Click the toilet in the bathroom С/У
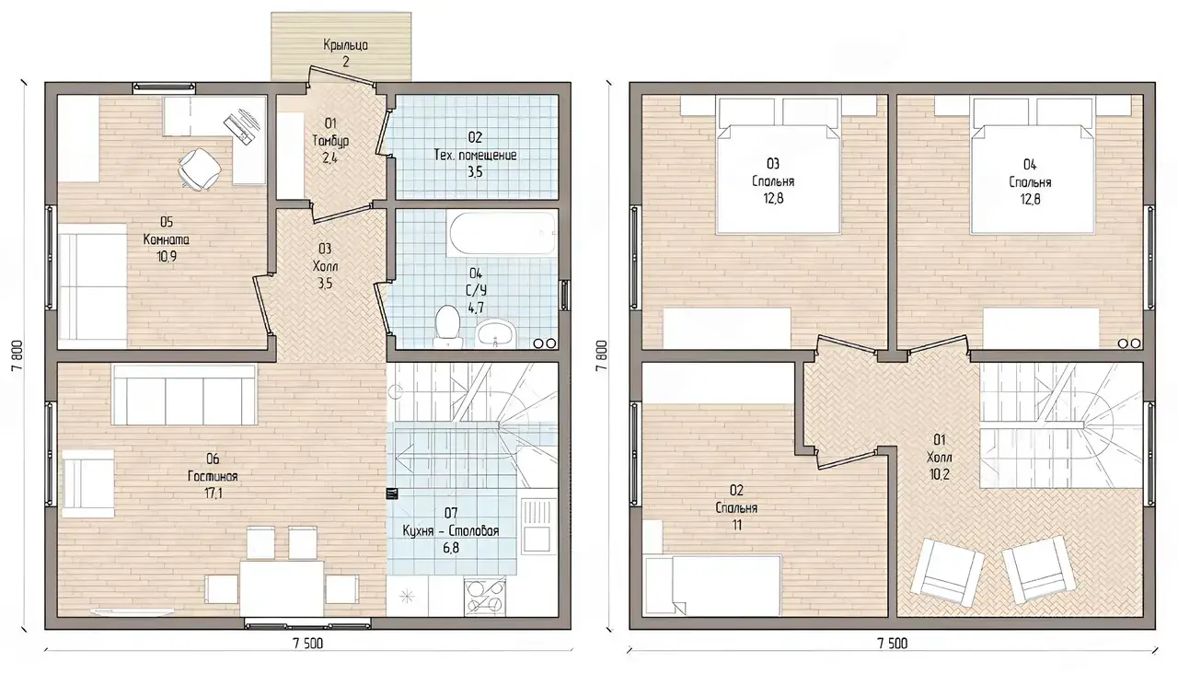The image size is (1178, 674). (447, 326)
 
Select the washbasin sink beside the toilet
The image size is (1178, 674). (495, 334)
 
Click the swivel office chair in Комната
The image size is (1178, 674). (200, 168)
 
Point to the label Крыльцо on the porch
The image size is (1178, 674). (345, 45)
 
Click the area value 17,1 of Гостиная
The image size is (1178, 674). (213, 494)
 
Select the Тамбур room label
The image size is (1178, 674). (330, 141)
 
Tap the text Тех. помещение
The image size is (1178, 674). (475, 156)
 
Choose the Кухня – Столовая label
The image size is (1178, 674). (451, 531)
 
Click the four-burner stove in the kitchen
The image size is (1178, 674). (485, 597)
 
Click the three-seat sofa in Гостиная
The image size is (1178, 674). (184, 395)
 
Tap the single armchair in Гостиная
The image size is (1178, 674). (87, 483)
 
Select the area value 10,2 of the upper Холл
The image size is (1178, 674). (940, 474)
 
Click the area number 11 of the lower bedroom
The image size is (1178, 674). (736, 525)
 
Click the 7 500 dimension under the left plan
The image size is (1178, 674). (307, 644)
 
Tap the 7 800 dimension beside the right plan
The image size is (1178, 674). (602, 355)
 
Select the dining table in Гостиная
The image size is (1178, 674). (282, 588)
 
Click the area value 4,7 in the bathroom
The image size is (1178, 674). (476, 308)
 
